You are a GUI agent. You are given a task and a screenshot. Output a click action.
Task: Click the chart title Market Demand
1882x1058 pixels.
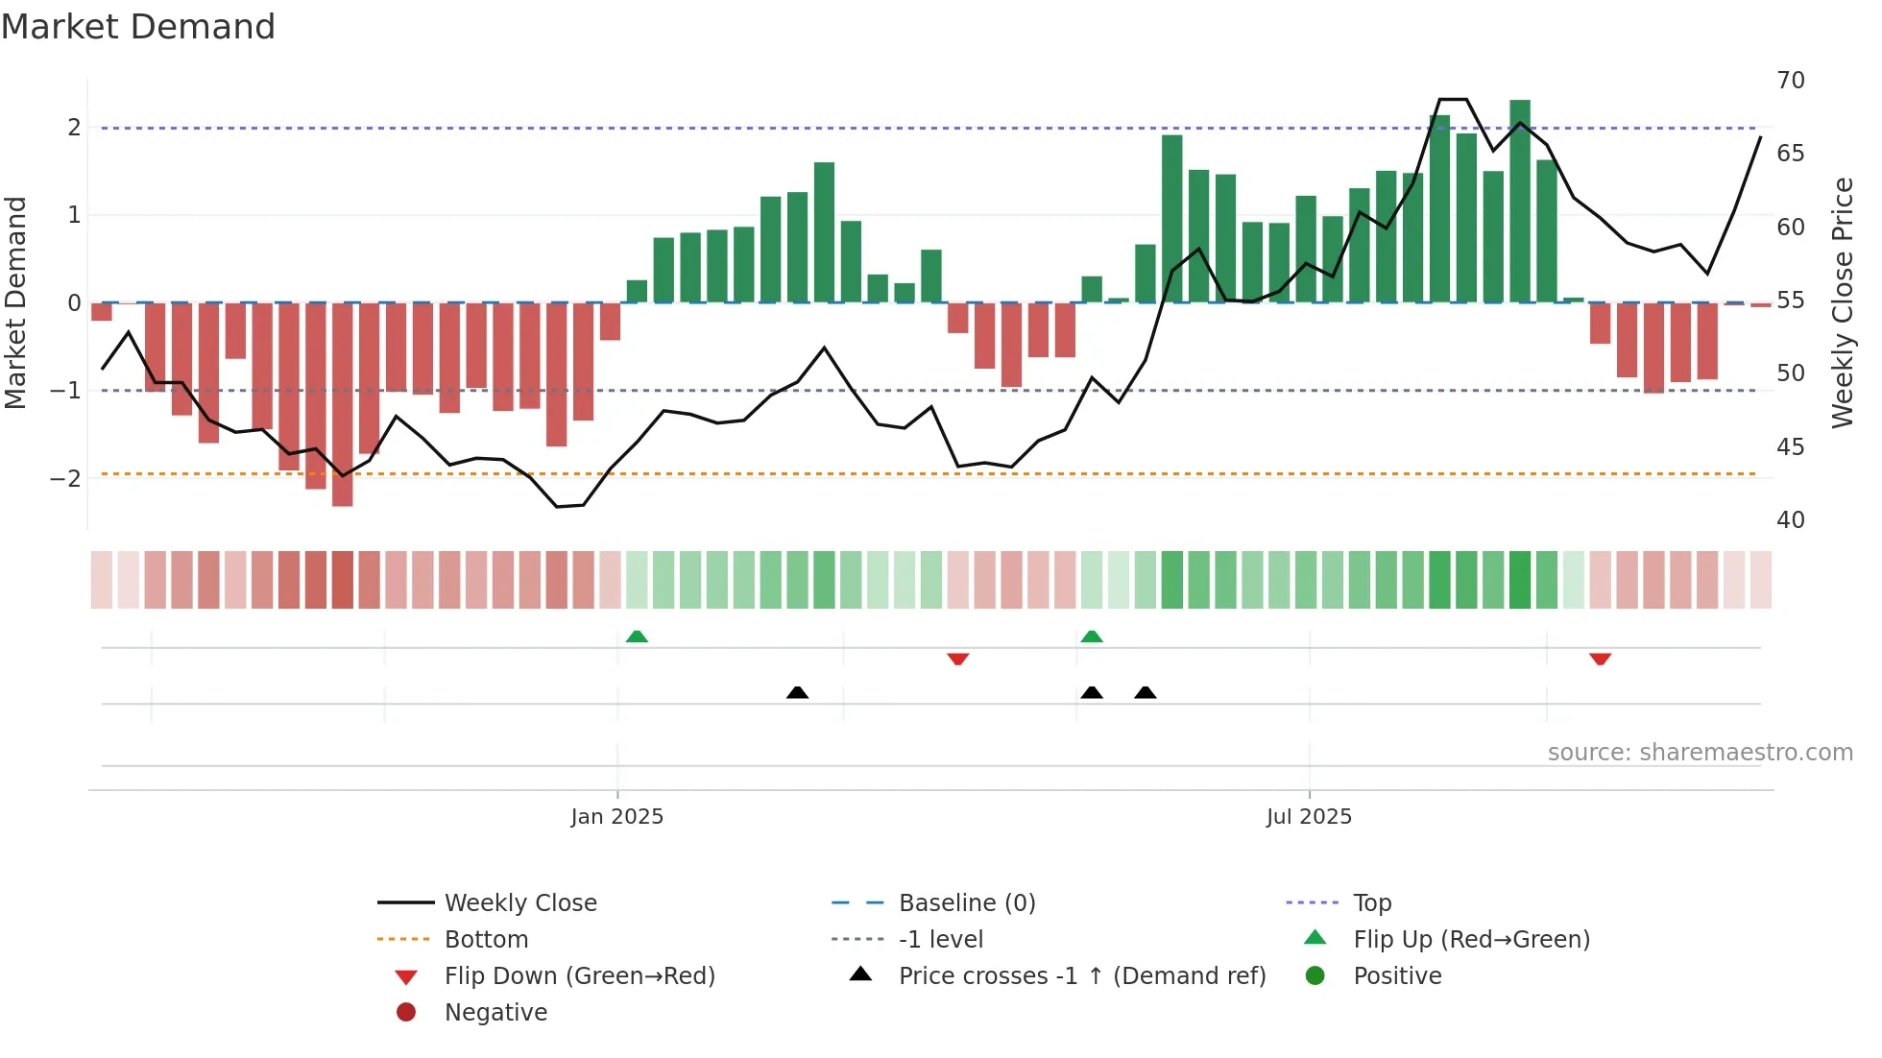138,27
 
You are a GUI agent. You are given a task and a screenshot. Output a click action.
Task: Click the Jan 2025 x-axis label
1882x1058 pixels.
616,816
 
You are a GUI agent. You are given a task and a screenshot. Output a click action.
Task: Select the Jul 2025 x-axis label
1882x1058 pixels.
1309,816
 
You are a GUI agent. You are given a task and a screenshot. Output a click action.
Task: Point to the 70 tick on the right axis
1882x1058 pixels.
1790,81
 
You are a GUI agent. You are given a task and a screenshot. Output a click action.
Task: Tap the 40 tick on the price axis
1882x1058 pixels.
1790,520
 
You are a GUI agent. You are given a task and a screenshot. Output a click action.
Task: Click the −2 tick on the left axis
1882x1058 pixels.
65,478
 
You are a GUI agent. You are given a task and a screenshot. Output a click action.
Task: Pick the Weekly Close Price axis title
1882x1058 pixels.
1842,302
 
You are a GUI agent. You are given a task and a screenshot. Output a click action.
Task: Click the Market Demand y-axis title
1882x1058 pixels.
15,302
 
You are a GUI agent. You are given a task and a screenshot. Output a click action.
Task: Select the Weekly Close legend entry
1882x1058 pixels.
519,902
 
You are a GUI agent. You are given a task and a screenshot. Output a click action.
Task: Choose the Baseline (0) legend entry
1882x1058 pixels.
966,902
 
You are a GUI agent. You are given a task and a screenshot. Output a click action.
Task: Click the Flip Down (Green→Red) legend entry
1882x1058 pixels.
579,975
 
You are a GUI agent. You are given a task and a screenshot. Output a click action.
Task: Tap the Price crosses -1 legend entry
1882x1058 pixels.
1081,975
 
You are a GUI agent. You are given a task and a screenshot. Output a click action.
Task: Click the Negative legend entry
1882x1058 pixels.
495,1012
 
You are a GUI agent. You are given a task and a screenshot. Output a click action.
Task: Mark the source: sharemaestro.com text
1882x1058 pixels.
1700,752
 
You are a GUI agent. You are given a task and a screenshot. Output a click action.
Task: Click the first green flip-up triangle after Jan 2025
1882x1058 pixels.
637,637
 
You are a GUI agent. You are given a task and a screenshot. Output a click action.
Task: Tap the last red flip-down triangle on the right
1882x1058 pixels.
1600,659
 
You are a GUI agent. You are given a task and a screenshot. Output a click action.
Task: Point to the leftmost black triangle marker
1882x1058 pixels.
797,692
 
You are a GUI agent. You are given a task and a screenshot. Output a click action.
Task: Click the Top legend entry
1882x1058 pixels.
1371,902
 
